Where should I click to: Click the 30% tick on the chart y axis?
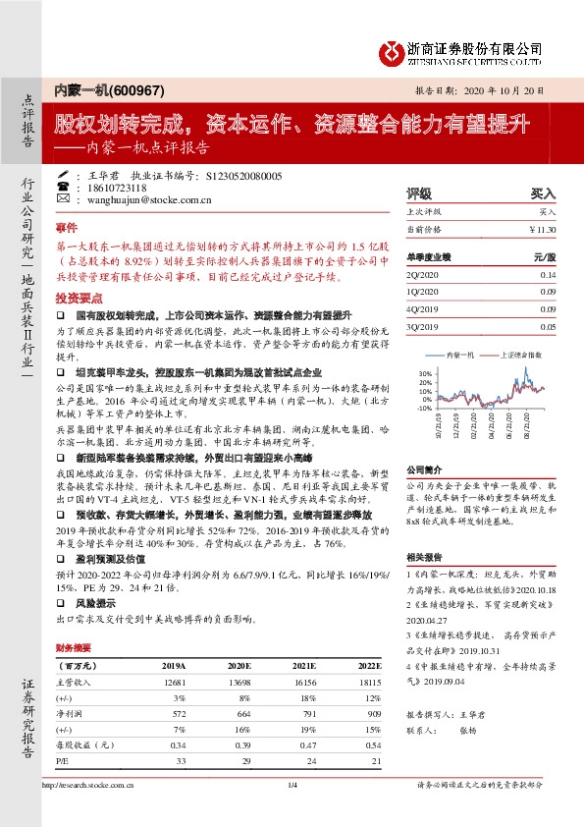pos(423,374)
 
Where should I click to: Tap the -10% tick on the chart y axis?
pos(422,408)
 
